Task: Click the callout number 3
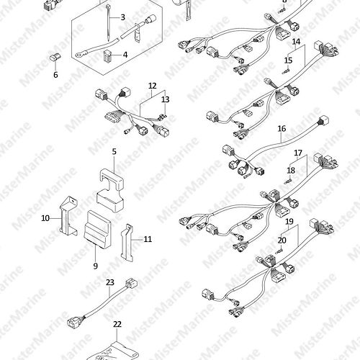[x=122, y=17]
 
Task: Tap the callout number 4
[x=125, y=55]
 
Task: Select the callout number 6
[x=55, y=75]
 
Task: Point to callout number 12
[x=153, y=86]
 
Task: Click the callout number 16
[x=282, y=129]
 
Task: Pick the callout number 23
[x=110, y=282]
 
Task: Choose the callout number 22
[x=117, y=324]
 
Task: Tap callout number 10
[x=45, y=218]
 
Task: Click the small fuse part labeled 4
[x=107, y=55]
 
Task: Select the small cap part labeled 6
[x=55, y=58]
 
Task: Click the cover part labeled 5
[x=110, y=189]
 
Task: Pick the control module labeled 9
[x=97, y=229]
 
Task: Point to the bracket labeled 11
[x=127, y=243]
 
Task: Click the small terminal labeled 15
[x=287, y=71]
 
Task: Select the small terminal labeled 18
[x=288, y=181]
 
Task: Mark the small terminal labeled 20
[x=279, y=252]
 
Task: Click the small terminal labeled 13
[x=163, y=117]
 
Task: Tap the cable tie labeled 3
[x=108, y=23]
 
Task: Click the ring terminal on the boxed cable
[x=78, y=55]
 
